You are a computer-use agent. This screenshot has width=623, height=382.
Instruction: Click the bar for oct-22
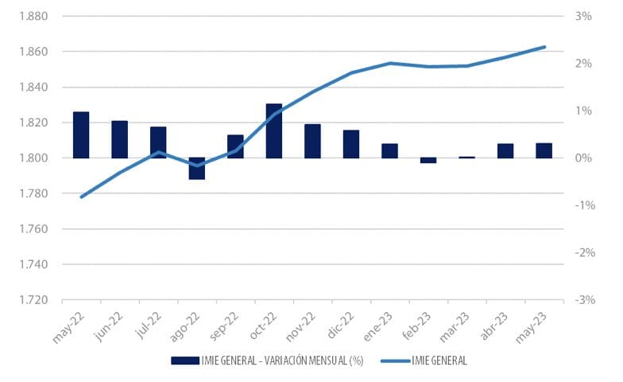(273, 131)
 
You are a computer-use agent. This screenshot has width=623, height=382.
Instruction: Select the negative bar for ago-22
(196, 169)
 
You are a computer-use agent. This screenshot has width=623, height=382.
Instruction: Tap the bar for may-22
(81, 134)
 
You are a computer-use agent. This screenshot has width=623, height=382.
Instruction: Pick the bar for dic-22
(350, 144)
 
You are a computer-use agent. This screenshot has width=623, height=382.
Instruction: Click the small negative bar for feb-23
(428, 160)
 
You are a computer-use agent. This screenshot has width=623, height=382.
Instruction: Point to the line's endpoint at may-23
(544, 47)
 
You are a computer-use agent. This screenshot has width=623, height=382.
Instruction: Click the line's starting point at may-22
(81, 197)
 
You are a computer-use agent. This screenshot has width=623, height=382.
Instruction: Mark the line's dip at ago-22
(196, 166)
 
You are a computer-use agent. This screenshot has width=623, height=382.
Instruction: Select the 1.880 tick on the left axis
(33, 17)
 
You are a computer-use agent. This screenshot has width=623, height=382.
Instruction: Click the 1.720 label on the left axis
(33, 300)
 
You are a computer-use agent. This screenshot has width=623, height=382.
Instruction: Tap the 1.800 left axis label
(33, 158)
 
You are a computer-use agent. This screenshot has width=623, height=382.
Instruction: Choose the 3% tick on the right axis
(584, 17)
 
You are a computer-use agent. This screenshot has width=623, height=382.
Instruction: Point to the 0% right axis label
(584, 158)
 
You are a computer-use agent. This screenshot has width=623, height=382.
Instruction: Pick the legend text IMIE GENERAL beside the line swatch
(439, 361)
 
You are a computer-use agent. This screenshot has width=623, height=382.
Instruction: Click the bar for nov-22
(312, 141)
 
